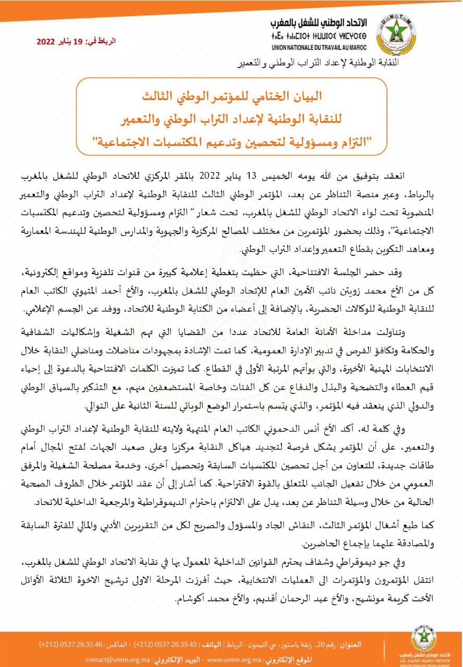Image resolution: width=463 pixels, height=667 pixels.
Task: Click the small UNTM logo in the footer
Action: [424, 638]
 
